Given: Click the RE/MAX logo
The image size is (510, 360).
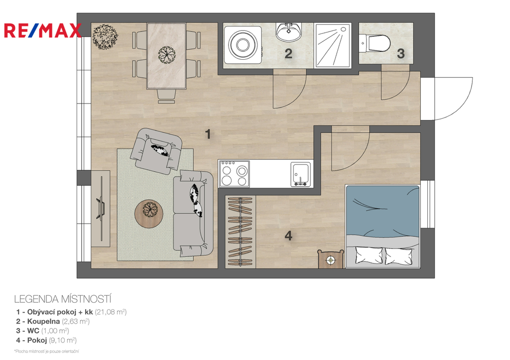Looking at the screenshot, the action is point(43,30).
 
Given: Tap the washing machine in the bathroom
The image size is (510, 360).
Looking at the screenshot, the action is point(243,45).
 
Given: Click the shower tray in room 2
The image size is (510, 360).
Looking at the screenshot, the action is point(333,45).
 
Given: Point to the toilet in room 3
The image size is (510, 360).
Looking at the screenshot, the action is point(376,44).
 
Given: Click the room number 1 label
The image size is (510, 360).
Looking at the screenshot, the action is point(208,133).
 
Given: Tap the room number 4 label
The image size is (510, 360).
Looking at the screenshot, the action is point(288,236).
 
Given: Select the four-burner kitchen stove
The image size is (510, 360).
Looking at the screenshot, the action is point(234,174).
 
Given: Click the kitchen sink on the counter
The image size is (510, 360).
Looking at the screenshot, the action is point(300,174).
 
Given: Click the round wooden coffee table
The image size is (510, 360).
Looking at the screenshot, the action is point(149,214).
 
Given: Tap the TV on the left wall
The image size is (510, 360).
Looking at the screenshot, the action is point(101,207).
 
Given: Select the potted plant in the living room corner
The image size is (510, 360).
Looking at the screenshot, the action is point(105,36).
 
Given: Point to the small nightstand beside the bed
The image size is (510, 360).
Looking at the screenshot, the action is point(331,259).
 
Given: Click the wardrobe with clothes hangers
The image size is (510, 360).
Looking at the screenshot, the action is point(241,232).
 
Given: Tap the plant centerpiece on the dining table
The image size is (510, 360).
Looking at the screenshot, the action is point(166,55).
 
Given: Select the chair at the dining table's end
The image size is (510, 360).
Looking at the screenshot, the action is point(166,96).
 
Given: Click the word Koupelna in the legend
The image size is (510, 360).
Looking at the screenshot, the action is point(44,322).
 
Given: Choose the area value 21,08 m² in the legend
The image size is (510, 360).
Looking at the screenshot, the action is point(111,312).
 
